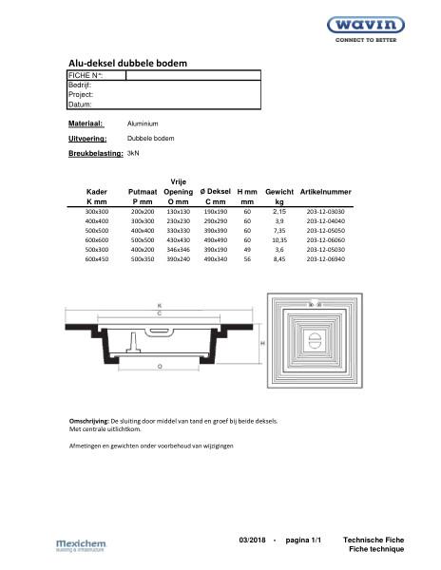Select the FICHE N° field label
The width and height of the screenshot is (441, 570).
86,75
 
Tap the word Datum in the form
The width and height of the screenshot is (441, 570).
81,104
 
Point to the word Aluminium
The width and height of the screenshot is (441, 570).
143,124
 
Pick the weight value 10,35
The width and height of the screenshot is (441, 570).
279,240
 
